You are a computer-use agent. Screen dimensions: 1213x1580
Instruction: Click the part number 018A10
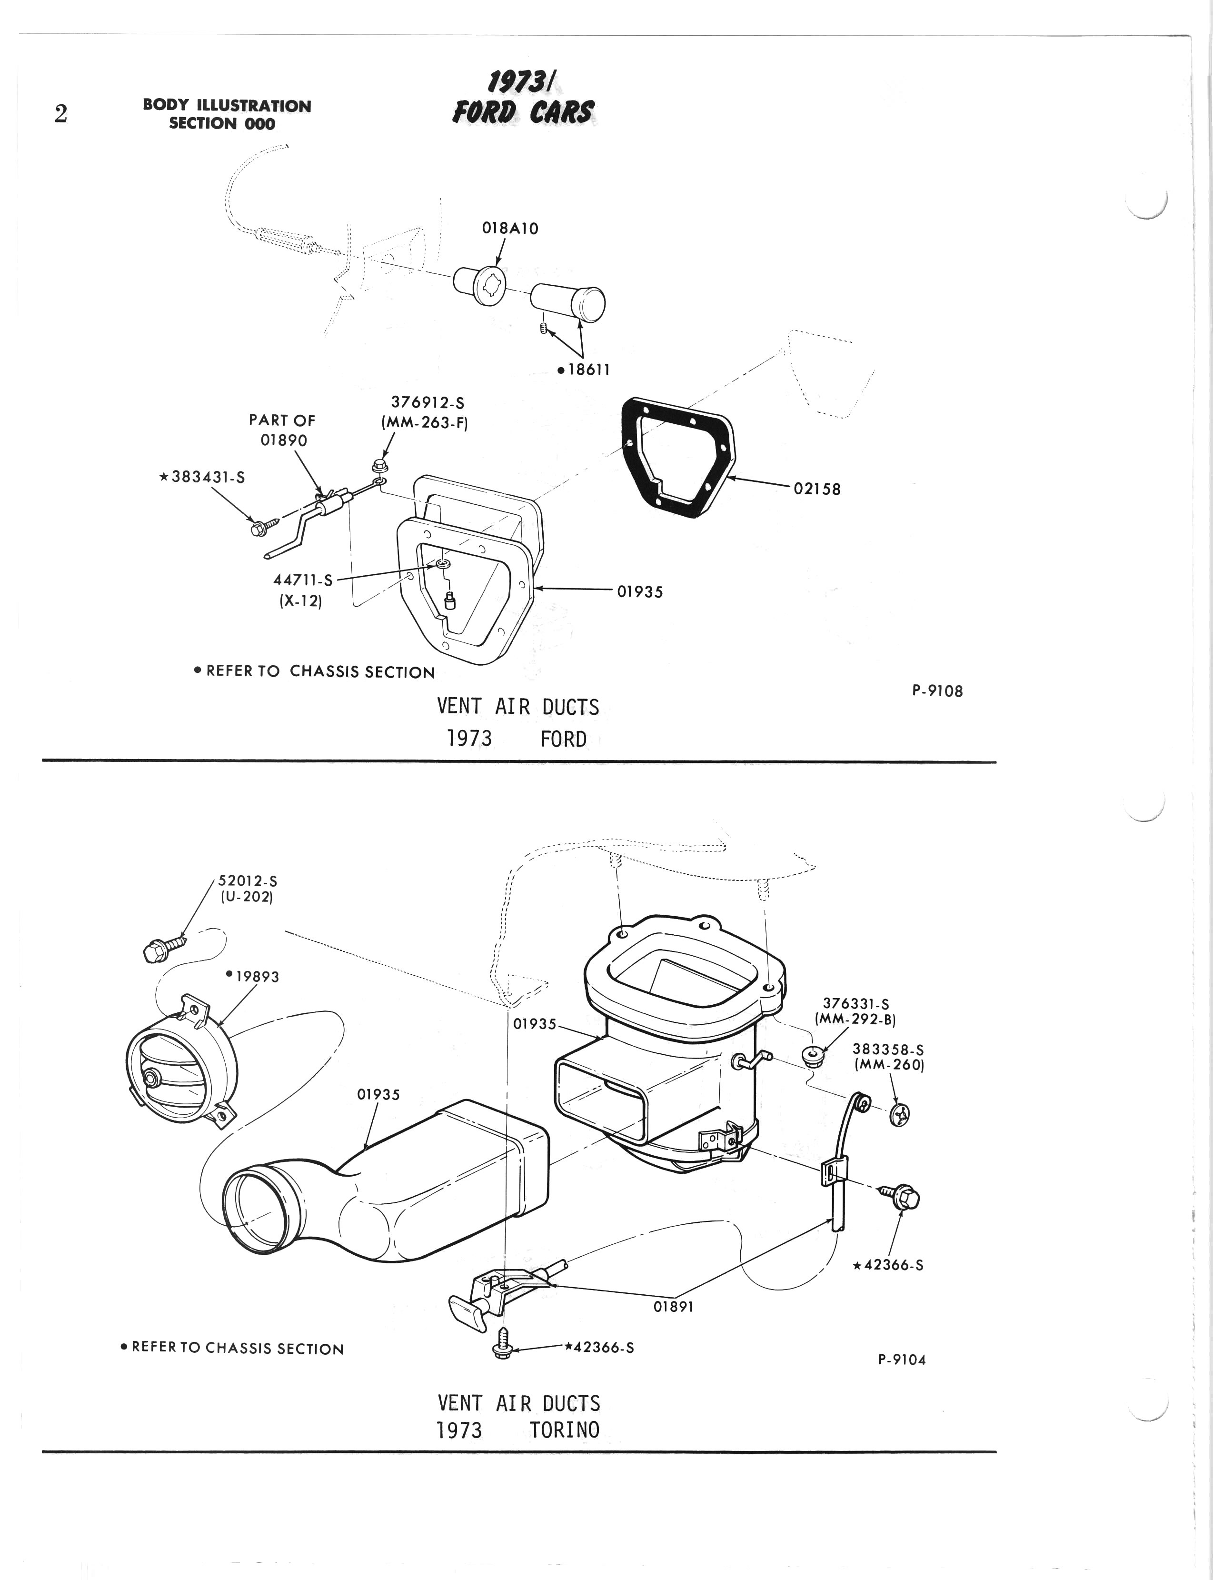(x=510, y=228)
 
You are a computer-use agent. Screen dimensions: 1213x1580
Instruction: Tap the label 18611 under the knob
(x=584, y=370)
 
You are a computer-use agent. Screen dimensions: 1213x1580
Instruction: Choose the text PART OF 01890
(x=282, y=430)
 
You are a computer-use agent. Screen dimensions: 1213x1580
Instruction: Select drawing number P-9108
(x=937, y=691)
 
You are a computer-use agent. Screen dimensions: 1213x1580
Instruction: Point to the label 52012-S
(x=248, y=881)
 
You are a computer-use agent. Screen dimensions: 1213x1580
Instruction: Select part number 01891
(x=673, y=1307)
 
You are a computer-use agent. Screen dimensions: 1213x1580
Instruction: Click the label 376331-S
(x=855, y=1004)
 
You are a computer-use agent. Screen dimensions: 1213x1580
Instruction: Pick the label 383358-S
(x=888, y=1050)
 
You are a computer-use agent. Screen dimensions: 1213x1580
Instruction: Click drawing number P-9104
(x=902, y=1360)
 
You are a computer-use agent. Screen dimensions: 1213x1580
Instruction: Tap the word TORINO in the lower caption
(x=564, y=1430)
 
